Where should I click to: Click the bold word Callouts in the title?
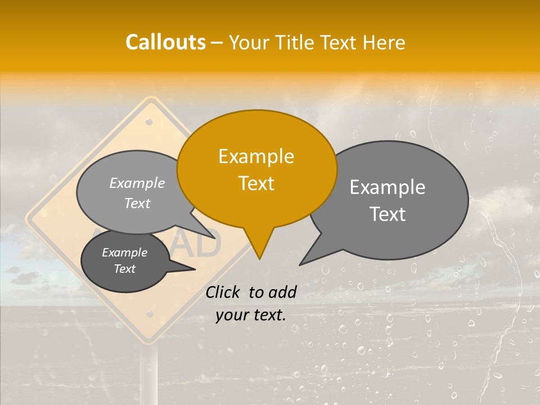[165, 42]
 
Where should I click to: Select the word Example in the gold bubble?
[256, 156]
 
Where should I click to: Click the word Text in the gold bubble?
[256, 183]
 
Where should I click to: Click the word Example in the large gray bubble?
[387, 187]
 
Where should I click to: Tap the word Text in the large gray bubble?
[387, 214]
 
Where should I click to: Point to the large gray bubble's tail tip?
[300, 264]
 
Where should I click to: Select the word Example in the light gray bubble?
[137, 183]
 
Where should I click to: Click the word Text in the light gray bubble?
[137, 203]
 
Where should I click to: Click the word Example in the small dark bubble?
[124, 253]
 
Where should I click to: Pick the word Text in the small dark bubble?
[124, 269]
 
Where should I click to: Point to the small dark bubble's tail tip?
[195, 269]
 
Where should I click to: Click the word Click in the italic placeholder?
[223, 292]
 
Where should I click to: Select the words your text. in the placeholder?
[250, 315]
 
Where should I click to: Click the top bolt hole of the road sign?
[149, 121]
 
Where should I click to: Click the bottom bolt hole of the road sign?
[150, 313]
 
